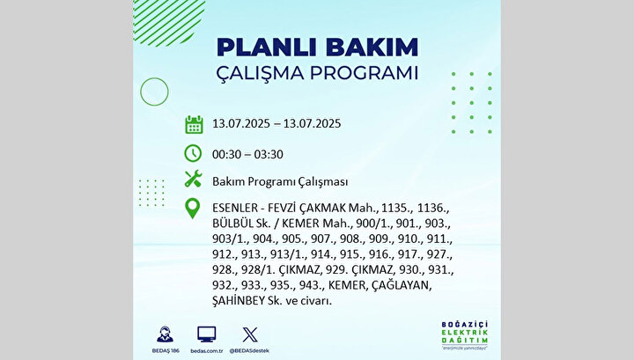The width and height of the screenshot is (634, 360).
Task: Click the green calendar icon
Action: [x=194, y=124]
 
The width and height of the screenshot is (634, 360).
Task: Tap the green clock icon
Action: [x=193, y=153]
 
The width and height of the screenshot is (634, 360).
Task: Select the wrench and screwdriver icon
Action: [x=193, y=179]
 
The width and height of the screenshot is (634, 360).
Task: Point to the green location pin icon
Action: [x=193, y=209]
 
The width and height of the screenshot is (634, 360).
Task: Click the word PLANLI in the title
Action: [x=269, y=48]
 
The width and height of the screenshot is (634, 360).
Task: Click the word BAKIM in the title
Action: [x=372, y=48]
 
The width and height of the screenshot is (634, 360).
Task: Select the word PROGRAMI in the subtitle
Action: [x=364, y=73]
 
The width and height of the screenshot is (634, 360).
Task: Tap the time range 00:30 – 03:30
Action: [x=247, y=154]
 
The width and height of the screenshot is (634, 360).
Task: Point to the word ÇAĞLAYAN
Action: [x=402, y=285]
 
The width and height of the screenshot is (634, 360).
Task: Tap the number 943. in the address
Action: [x=312, y=285]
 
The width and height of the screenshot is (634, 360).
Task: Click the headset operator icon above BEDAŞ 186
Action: [x=165, y=334]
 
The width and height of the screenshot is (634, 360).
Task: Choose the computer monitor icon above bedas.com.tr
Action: [x=207, y=334]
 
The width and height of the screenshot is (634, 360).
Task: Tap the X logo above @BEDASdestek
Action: [x=250, y=334]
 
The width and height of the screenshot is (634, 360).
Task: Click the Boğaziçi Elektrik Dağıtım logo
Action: [x=465, y=335]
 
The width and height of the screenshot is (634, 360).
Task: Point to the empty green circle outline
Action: [x=140, y=92]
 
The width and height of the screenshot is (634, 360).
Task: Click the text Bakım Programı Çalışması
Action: [x=280, y=182]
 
